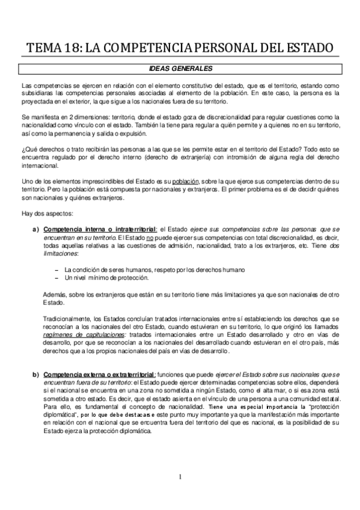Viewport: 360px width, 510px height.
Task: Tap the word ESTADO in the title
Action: (308, 48)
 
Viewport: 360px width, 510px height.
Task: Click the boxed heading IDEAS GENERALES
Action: (180, 69)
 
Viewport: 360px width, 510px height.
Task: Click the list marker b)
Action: (35, 374)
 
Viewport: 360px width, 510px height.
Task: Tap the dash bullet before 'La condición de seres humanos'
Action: (56, 269)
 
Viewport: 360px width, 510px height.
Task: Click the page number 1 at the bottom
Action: (179, 478)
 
